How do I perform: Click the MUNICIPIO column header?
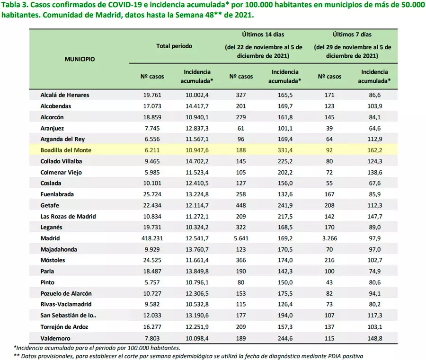[x=80, y=59]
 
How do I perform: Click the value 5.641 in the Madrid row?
[x=241, y=238]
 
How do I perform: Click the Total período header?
[x=175, y=46]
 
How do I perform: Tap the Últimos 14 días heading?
[x=263, y=34]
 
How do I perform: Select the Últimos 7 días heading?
[x=352, y=34]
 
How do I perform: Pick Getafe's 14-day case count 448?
[x=241, y=205]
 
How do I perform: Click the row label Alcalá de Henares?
[x=65, y=95]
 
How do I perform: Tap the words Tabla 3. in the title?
[x=15, y=5]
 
